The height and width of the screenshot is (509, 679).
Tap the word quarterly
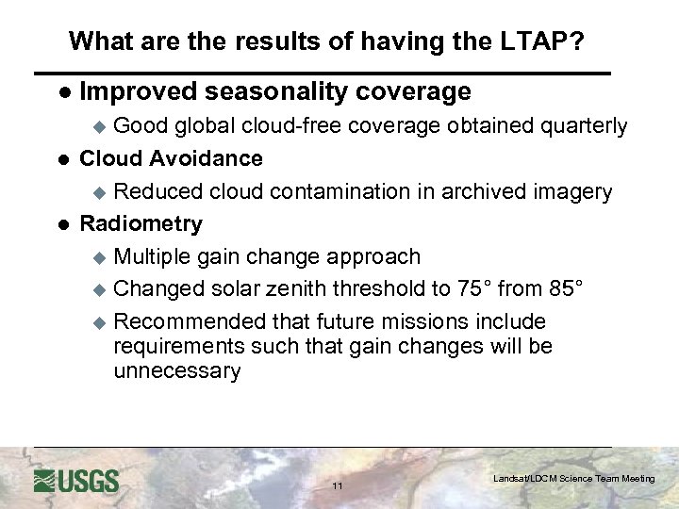pos(583,126)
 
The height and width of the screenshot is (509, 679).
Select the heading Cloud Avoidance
pos(171,158)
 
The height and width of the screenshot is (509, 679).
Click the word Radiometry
pos(141,223)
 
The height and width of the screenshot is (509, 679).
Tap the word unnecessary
pos(176,370)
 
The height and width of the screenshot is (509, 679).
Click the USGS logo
pos(76,481)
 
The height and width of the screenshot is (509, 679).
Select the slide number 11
pos(338,486)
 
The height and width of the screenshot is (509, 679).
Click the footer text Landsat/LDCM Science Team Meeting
pos(573,479)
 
